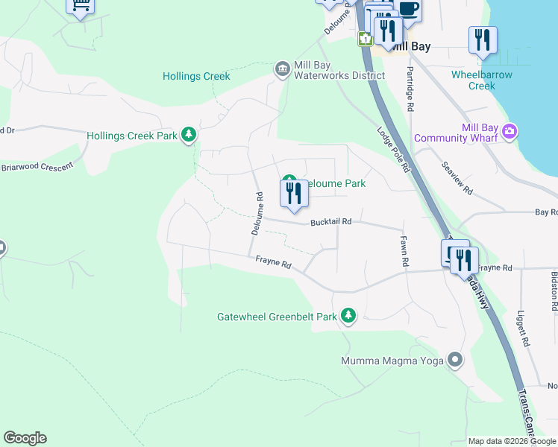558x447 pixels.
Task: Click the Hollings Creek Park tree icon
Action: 190,135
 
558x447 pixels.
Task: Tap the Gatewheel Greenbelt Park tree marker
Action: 348,316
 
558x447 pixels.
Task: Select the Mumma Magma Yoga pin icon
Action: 455,361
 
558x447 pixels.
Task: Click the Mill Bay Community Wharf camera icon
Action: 510,132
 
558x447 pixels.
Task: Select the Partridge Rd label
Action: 410,89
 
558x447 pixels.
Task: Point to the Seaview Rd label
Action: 457,178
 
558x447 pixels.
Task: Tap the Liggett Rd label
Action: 525,329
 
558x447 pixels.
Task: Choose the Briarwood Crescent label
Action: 37,166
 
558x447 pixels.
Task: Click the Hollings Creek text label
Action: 196,76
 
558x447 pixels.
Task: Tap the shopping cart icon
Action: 81,6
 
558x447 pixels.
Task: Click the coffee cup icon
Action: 408,9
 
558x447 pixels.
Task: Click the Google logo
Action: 25,438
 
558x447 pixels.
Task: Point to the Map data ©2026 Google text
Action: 511,441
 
